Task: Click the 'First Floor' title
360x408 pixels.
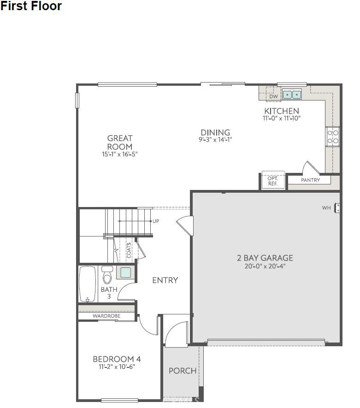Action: tap(31, 6)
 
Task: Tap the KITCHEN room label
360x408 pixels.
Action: tap(281, 111)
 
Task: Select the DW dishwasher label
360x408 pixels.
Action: tap(273, 96)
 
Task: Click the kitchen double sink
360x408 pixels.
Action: tap(292, 95)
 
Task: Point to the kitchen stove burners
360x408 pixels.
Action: tap(333, 136)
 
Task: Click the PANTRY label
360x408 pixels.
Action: tap(310, 180)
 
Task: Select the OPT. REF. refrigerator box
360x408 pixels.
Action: tap(272, 180)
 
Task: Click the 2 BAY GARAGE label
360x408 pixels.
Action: tap(265, 258)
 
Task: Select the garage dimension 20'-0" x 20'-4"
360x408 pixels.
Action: tap(265, 266)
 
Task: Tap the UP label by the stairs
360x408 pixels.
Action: tap(156, 221)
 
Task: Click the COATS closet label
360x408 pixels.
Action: tap(129, 250)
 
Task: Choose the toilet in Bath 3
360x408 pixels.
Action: tap(107, 276)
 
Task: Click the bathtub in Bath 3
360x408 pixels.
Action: tap(88, 284)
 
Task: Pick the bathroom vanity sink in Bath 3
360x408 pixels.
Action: tap(125, 272)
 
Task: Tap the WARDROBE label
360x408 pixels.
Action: tap(106, 316)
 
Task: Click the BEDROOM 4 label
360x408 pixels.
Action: tap(117, 359)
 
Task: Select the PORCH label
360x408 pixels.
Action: tap(183, 371)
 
